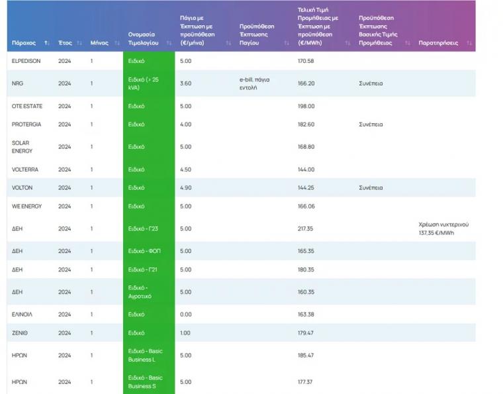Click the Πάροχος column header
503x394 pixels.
(x=24, y=43)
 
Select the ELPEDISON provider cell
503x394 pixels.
(x=26, y=61)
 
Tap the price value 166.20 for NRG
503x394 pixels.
(x=306, y=83)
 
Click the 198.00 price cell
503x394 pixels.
(x=306, y=106)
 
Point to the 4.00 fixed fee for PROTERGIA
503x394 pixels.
(x=186, y=124)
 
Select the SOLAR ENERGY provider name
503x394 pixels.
(x=22, y=147)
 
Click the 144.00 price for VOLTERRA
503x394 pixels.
(x=306, y=170)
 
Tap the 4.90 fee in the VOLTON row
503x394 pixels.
(x=186, y=188)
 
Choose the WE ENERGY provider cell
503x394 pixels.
(x=26, y=207)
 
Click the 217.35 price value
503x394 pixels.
(x=306, y=229)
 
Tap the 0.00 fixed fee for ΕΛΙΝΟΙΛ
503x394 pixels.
(x=186, y=315)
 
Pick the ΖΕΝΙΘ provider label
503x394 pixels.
(x=21, y=333)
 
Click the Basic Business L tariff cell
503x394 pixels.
(x=145, y=356)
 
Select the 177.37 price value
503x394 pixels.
(x=305, y=382)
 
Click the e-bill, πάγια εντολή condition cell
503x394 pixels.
(x=255, y=83)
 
